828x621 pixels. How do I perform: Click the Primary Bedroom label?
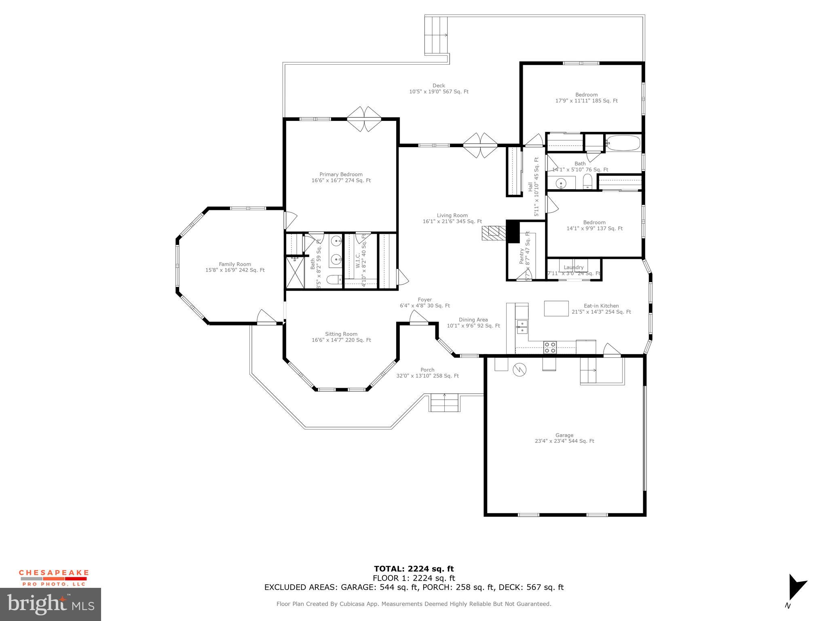point(341,177)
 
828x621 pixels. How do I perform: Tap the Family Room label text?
point(235,267)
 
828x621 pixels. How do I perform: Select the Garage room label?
point(564,438)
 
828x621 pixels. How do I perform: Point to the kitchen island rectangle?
point(556,308)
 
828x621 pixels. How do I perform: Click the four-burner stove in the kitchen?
point(550,347)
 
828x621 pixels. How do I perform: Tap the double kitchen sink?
point(522,326)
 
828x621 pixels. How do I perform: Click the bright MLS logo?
point(51,604)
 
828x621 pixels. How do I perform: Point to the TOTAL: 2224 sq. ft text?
point(414,569)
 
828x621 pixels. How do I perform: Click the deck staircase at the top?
point(436,35)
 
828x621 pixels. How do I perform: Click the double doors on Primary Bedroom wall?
point(364,119)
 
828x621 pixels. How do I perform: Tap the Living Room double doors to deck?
point(480,145)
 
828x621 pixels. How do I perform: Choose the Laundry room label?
point(573,268)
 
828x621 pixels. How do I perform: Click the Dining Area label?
point(473,323)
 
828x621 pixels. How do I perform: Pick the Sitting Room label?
point(341,337)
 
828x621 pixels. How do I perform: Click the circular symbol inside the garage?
point(519,369)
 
